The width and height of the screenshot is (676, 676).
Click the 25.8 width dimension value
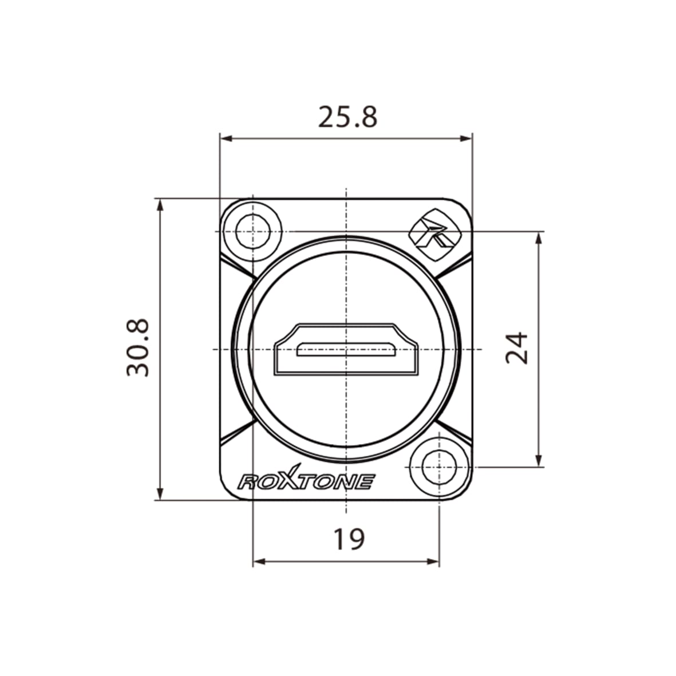[347, 117]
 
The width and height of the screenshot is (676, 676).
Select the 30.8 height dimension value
[138, 348]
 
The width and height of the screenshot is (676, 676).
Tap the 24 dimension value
[517, 347]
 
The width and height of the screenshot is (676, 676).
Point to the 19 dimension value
[349, 539]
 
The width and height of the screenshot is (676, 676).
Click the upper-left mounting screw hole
[252, 231]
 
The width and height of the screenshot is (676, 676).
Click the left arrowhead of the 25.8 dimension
[225, 139]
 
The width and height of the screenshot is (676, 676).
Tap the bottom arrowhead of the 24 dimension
[538, 461]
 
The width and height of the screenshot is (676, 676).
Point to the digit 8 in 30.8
[138, 328]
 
